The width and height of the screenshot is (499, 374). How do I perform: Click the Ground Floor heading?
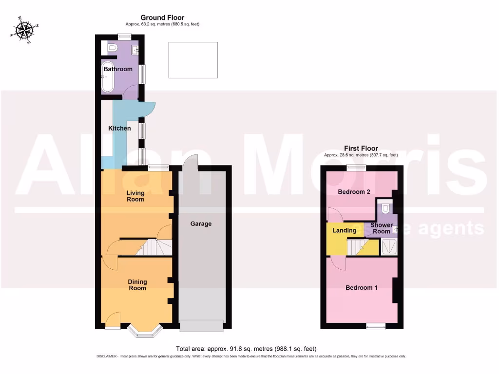click(162, 18)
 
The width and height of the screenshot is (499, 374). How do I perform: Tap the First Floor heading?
click(361, 149)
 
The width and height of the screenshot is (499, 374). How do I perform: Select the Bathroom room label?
click(118, 69)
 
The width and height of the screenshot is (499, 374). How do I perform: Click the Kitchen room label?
click(119, 129)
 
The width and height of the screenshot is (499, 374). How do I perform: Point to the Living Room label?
click(135, 196)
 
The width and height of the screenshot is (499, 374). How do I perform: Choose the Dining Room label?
click(137, 285)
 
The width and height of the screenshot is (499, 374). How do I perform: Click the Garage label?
click(201, 224)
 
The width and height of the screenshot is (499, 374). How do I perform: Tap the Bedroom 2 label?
click(354, 192)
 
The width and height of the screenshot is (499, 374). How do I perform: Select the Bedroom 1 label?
click(362, 288)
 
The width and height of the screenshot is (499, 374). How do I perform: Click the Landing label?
click(345, 230)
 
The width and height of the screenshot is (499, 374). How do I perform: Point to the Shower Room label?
click(382, 228)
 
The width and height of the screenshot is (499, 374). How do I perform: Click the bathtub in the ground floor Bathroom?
click(107, 77)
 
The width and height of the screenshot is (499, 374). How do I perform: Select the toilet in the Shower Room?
click(386, 209)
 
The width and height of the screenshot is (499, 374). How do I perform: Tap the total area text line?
click(246, 349)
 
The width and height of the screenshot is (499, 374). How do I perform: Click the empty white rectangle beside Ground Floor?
click(193, 60)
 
